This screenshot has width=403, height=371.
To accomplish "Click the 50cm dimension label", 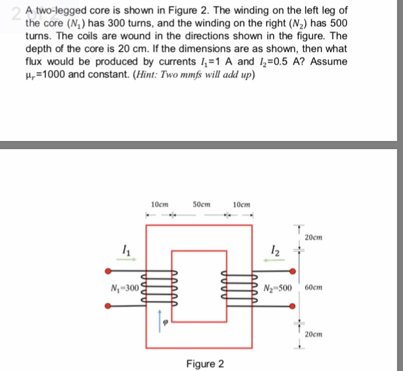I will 201,204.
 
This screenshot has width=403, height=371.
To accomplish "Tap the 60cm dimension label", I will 313,288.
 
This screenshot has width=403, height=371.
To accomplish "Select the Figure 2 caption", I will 205,364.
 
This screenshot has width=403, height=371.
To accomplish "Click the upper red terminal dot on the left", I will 107,271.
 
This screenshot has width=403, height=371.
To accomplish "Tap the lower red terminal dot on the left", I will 107,306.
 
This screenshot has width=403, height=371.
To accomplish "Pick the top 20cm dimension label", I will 314,238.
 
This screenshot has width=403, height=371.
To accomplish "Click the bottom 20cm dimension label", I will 314,334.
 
